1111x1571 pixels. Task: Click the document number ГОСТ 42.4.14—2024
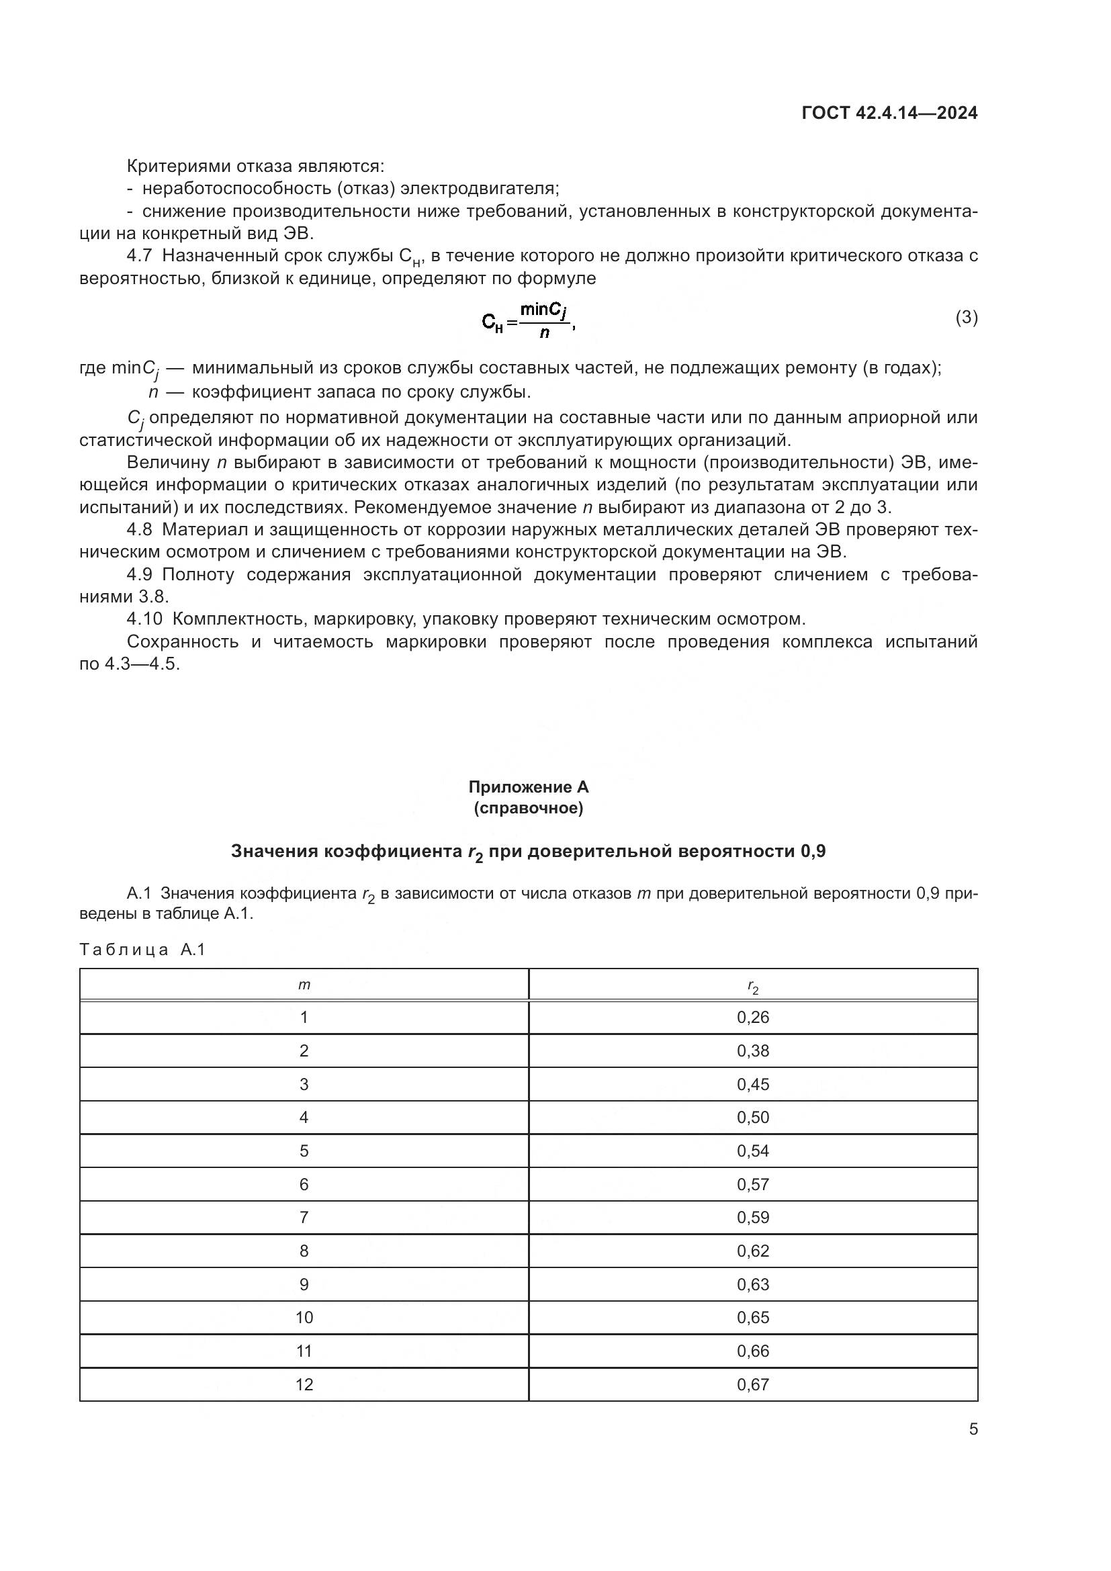coord(889,114)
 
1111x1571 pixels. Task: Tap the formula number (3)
coord(966,318)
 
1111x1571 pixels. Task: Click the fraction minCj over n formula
coord(529,320)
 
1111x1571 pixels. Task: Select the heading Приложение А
coord(528,787)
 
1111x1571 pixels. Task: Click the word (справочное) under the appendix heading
coord(528,808)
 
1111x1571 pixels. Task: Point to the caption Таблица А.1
coord(142,950)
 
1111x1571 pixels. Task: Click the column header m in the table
coord(304,985)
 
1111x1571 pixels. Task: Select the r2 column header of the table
coord(752,986)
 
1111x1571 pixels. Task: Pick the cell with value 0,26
coord(752,1018)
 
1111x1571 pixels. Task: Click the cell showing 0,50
coord(752,1118)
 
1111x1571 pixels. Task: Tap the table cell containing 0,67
coord(752,1384)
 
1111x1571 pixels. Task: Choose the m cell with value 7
coord(304,1217)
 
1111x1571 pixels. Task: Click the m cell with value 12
coord(304,1384)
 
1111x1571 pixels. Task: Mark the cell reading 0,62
coord(752,1251)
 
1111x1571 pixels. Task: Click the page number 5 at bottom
coord(973,1429)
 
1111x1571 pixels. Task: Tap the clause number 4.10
coord(144,619)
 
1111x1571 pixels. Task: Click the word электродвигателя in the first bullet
coord(479,188)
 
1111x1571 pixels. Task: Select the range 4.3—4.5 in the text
coord(142,664)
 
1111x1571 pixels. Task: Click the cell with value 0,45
coord(752,1085)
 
